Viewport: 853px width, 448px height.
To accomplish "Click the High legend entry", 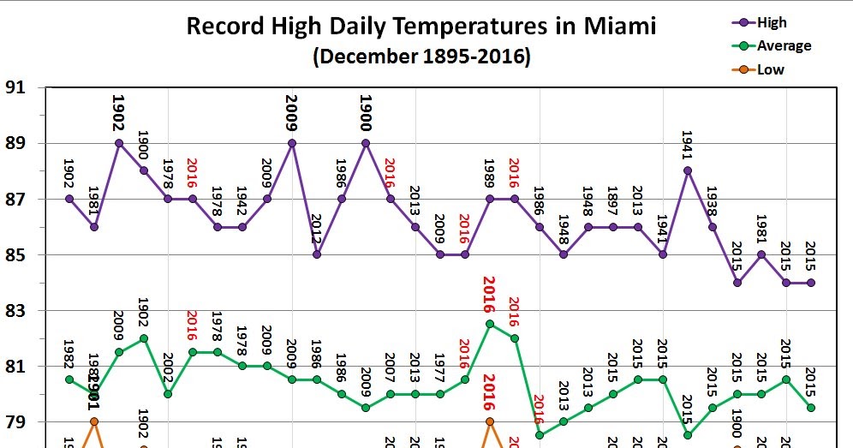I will click(x=771, y=23).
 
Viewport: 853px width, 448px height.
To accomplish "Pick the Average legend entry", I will click(x=783, y=45).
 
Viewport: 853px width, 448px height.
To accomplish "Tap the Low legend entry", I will click(x=770, y=69).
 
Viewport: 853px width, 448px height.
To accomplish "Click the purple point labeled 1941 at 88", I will click(x=688, y=170).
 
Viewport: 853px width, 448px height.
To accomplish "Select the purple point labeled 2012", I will click(x=317, y=254).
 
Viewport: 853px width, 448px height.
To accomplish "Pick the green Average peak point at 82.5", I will click(x=490, y=324).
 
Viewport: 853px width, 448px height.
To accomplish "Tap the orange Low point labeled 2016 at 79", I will click(x=490, y=421).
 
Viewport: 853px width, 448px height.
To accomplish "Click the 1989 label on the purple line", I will click(x=489, y=176).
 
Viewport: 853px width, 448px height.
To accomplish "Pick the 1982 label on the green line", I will click(x=69, y=353).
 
